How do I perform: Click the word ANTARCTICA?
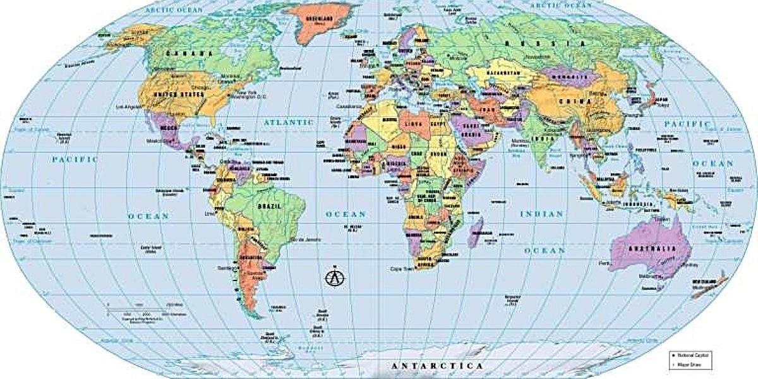[437, 366]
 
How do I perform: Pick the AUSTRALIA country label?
[650, 249]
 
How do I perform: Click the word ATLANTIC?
[289, 121]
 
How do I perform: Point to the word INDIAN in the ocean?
[541, 214]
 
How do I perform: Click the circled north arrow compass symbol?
[335, 277]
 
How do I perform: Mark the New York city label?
[245, 92]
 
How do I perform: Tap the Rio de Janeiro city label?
[304, 239]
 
